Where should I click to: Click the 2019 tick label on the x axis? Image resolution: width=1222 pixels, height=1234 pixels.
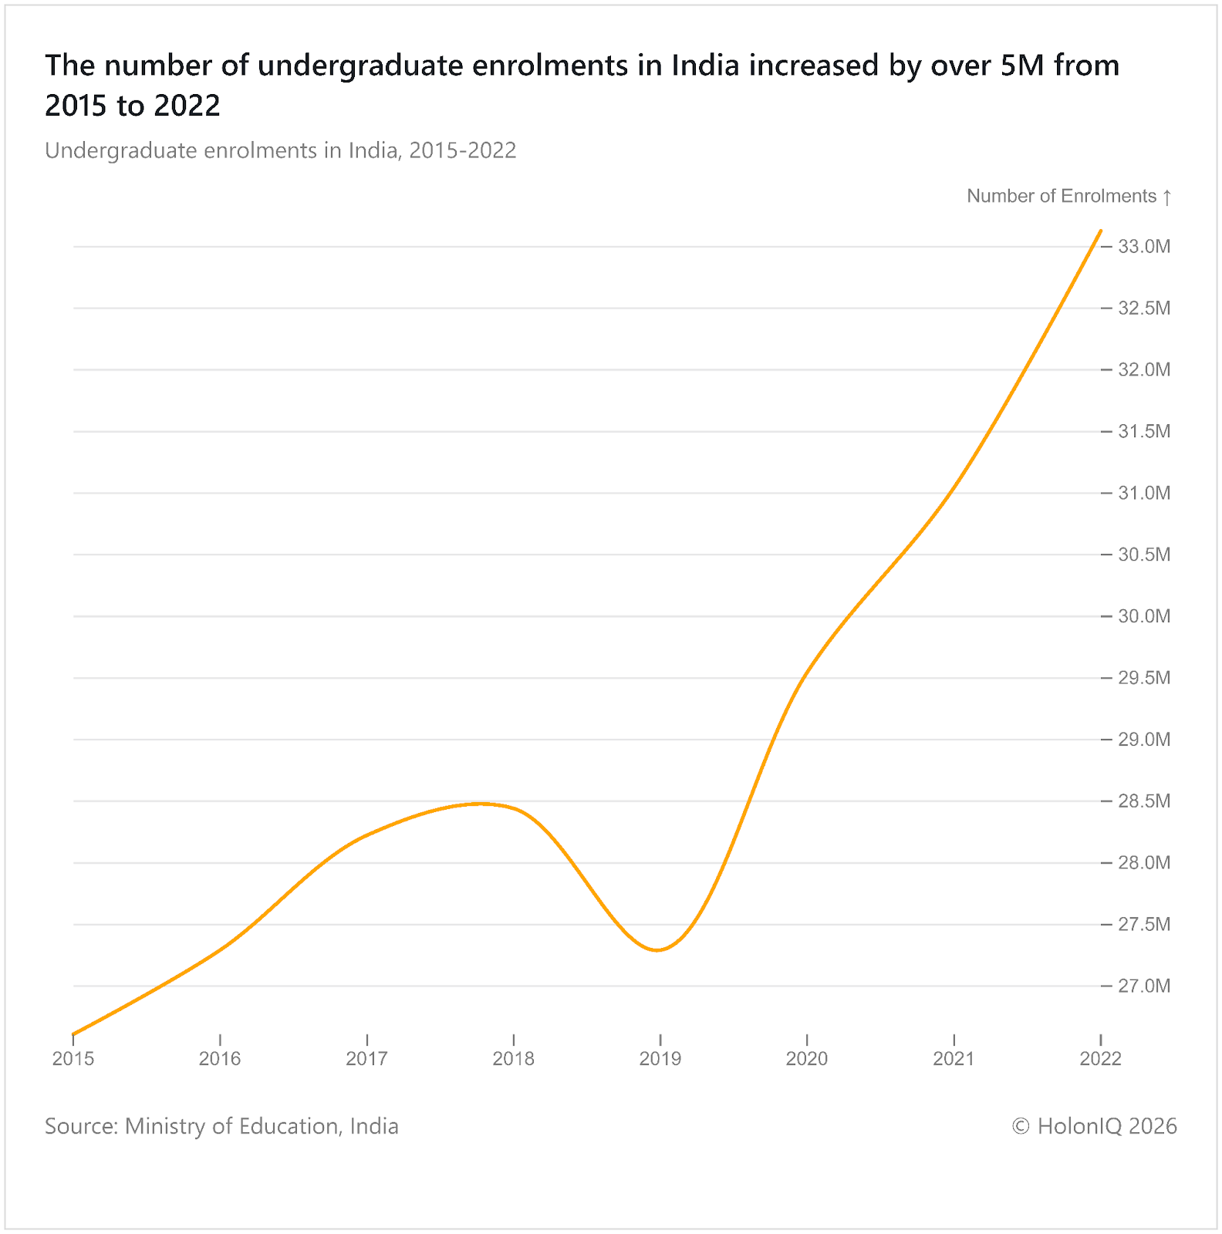(x=660, y=1059)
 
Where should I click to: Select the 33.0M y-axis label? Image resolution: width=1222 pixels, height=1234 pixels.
(x=1144, y=247)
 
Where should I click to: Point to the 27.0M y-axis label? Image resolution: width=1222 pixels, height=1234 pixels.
(x=1144, y=986)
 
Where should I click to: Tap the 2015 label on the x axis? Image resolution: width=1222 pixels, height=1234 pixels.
(x=73, y=1059)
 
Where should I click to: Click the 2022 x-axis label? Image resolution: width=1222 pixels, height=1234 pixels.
(x=1100, y=1059)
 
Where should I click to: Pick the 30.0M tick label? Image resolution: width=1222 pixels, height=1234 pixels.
(x=1144, y=616)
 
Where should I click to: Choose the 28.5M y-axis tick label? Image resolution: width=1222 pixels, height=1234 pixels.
(x=1144, y=801)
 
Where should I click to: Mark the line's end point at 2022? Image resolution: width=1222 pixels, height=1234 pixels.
(x=1100, y=231)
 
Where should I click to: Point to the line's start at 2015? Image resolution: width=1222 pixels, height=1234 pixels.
(x=74, y=1033)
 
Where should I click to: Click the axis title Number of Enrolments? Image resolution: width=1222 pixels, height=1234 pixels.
(x=1062, y=196)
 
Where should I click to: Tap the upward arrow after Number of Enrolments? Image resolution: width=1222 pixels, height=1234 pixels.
(x=1167, y=197)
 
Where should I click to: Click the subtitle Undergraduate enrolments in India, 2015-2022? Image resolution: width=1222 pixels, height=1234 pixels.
(x=280, y=150)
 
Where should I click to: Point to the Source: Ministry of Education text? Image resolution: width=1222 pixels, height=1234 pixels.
(x=221, y=1126)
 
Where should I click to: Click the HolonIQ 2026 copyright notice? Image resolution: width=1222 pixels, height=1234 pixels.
(x=1094, y=1126)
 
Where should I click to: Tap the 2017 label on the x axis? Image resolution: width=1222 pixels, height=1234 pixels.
(x=366, y=1059)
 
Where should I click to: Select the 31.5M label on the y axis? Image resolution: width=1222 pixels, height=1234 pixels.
(x=1144, y=431)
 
